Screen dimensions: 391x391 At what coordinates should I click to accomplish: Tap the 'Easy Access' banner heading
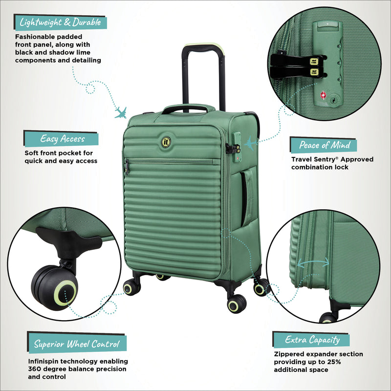coord(63,139)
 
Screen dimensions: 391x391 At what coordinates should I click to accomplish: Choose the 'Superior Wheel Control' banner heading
coord(77,344)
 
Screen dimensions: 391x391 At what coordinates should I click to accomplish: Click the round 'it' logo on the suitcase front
coord(166,142)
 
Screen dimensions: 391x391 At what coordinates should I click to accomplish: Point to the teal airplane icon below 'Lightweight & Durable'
coord(120,112)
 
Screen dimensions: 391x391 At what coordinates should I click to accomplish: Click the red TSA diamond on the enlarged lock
coord(323,94)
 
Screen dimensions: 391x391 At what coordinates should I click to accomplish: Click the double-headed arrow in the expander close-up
coord(313,264)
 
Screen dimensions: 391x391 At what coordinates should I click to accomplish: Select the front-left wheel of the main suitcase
coord(131,288)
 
